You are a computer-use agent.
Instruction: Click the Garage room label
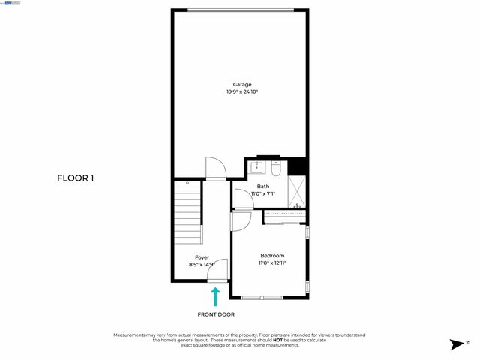[x=241, y=85]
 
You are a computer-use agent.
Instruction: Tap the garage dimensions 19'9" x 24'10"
[x=241, y=92]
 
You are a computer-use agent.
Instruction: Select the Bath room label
[x=263, y=187]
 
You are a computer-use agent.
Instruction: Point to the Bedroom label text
[x=272, y=256]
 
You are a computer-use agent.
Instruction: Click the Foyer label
[x=202, y=257]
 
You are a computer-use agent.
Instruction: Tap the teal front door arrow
[x=216, y=295]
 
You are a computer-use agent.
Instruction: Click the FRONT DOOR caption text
[x=216, y=314]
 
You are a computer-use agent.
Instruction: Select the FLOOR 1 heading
[x=76, y=178]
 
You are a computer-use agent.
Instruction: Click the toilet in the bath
[x=276, y=169]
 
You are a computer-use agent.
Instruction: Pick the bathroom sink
[x=258, y=167]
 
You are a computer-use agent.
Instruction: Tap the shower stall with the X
[x=296, y=192]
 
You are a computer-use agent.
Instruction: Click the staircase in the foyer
[x=187, y=213]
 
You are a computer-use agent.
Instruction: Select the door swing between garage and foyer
[x=214, y=168]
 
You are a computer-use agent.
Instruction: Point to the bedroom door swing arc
[x=241, y=220]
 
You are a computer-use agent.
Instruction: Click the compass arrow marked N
[x=457, y=344]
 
